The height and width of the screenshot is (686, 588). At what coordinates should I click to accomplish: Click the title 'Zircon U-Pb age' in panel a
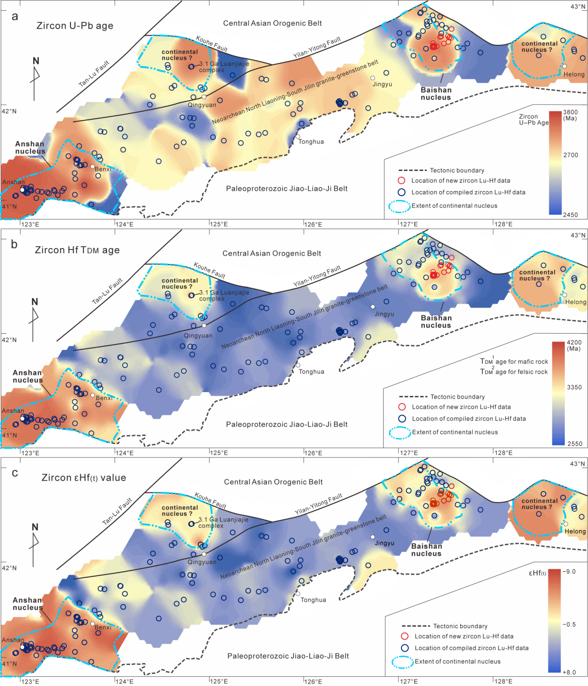pyautogui.click(x=75, y=26)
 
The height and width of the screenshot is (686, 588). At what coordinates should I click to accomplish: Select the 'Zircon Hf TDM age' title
pyautogui.click(x=77, y=250)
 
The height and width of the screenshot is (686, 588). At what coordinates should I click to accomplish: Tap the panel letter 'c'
pyautogui.click(x=15, y=473)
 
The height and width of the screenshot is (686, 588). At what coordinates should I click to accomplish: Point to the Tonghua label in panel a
pyautogui.click(x=311, y=142)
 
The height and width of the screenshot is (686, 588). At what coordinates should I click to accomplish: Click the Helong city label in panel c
pyautogui.click(x=575, y=531)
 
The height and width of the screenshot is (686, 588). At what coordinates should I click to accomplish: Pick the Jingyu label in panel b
pyautogui.click(x=384, y=314)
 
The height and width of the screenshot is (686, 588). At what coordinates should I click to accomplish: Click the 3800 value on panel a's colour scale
pyautogui.click(x=570, y=112)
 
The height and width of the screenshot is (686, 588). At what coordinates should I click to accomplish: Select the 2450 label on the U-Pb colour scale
pyautogui.click(x=570, y=215)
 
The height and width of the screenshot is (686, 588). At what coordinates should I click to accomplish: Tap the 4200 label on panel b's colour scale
pyautogui.click(x=574, y=343)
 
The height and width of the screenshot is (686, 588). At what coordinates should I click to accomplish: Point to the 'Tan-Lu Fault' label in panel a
pyautogui.click(x=94, y=74)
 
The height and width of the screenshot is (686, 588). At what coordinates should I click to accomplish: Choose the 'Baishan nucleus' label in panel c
pyautogui.click(x=426, y=550)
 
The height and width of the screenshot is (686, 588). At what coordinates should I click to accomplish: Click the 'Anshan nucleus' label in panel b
pyautogui.click(x=28, y=376)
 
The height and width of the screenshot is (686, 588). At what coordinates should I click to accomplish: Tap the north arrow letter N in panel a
pyautogui.click(x=36, y=61)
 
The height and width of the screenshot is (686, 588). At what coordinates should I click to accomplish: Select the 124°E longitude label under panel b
pyautogui.click(x=124, y=453)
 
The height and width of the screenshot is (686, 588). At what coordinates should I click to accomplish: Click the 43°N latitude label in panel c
pyautogui.click(x=578, y=464)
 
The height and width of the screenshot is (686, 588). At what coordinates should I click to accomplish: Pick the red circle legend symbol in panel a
pyautogui.click(x=402, y=181)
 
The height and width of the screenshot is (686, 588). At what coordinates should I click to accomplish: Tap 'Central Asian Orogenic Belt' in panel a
pyautogui.click(x=272, y=23)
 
